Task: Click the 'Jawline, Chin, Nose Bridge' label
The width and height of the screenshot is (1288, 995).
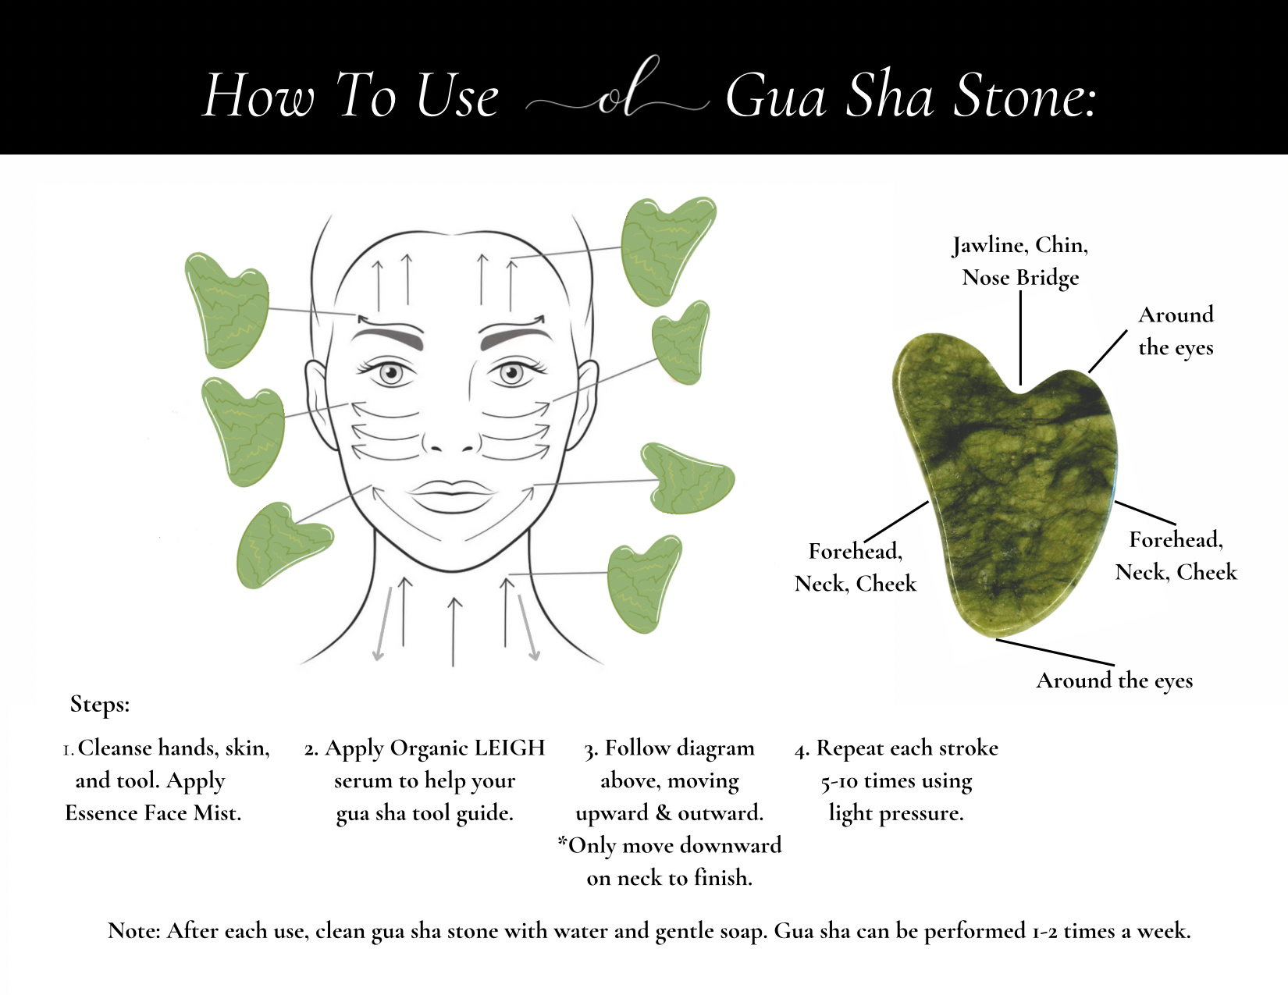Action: point(1020,261)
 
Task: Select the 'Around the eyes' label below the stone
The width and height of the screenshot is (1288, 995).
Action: point(1115,681)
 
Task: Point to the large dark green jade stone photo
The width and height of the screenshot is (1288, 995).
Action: point(1005,486)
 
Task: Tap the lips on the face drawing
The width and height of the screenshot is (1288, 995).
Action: point(451,495)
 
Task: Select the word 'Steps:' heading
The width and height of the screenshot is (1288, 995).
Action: point(100,705)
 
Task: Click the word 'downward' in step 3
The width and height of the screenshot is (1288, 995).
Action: point(730,846)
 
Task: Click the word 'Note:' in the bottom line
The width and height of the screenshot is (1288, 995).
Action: point(134,931)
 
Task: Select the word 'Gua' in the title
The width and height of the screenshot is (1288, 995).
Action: point(776,97)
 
